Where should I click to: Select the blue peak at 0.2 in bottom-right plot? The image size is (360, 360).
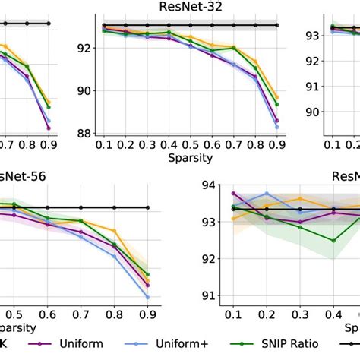[x=267, y=194]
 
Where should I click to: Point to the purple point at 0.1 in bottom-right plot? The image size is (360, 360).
[x=234, y=194]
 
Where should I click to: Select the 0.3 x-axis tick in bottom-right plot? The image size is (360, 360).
[x=299, y=314]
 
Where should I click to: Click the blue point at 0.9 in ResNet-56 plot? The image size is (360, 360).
[x=147, y=297]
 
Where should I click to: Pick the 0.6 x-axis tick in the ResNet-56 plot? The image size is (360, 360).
[x=47, y=314]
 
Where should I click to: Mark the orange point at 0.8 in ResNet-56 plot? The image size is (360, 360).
[x=114, y=230]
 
